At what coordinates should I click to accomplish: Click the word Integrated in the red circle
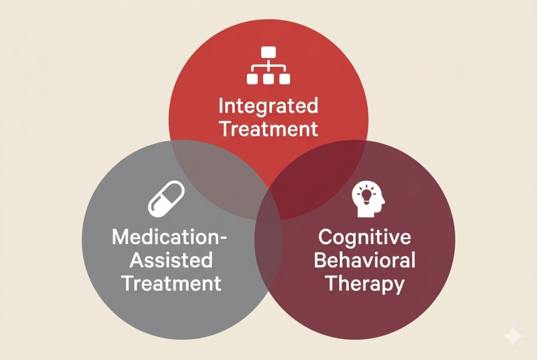[x=268, y=106]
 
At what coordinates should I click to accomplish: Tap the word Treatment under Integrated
[x=268, y=129]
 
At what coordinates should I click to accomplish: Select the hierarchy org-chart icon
[x=268, y=66]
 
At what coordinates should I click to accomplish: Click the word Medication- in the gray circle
[x=170, y=237]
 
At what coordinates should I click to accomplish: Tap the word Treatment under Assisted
[x=171, y=283]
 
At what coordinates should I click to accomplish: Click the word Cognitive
[x=364, y=237]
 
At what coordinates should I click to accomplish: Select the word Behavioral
[x=364, y=260]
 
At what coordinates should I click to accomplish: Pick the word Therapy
[x=364, y=284]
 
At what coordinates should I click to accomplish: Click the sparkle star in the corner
[x=513, y=336]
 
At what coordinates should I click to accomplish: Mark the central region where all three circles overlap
[x=268, y=203]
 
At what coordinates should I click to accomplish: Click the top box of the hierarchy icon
[x=268, y=52]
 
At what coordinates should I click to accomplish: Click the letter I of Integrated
[x=222, y=106]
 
